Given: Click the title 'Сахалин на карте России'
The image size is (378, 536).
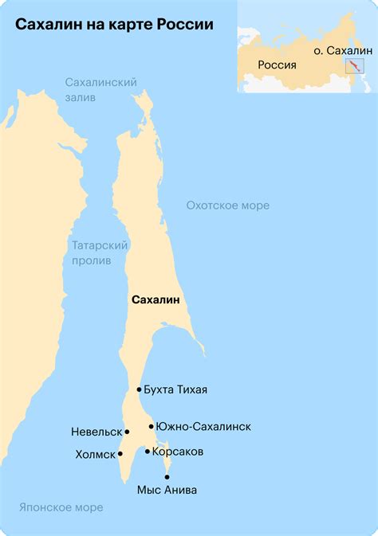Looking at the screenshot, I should (x=114, y=25).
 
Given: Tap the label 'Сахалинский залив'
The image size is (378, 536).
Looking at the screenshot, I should (x=101, y=89).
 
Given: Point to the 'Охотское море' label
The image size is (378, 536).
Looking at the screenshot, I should (x=227, y=205).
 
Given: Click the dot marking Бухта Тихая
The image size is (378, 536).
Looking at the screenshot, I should (x=139, y=389).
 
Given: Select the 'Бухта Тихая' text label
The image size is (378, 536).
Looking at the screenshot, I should (x=175, y=389).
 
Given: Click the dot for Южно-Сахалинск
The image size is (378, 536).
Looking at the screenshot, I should (x=151, y=426).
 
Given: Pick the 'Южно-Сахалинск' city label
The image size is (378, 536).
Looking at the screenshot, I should (x=203, y=426).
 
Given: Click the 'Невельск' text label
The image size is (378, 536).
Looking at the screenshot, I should (x=96, y=432).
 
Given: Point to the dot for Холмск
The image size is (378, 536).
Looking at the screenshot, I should (x=120, y=454).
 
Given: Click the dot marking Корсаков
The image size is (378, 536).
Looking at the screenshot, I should (x=148, y=452).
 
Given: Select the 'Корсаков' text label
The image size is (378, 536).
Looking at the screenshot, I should (x=177, y=452).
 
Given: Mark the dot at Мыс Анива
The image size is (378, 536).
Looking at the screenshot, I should (x=167, y=476).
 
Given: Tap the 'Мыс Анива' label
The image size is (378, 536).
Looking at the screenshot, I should (x=167, y=490).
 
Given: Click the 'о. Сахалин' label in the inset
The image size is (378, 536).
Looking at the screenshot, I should (x=343, y=50).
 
